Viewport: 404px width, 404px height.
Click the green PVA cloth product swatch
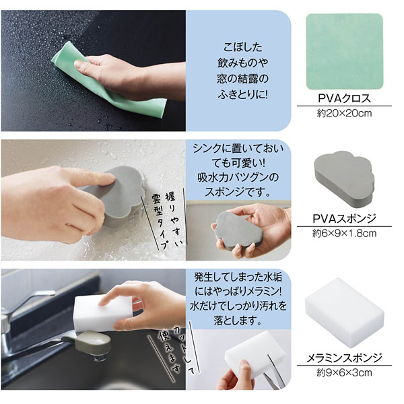tap(344, 51)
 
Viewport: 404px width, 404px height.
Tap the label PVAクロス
tap(344, 98)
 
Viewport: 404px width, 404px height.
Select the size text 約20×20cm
tap(344, 113)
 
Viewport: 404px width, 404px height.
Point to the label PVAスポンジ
tap(344, 218)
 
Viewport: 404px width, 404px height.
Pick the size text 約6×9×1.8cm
tap(344, 234)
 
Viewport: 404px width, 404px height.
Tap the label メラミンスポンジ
tap(344, 358)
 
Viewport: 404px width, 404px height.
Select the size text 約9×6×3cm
tap(344, 372)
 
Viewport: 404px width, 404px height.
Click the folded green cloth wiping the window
tap(108, 80)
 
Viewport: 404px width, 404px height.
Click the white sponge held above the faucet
tap(103, 313)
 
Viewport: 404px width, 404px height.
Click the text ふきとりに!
tap(242, 94)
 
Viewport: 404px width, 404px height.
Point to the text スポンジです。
tap(238, 192)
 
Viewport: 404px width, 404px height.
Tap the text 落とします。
tap(238, 321)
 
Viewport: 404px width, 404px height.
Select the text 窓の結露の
tap(242, 78)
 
